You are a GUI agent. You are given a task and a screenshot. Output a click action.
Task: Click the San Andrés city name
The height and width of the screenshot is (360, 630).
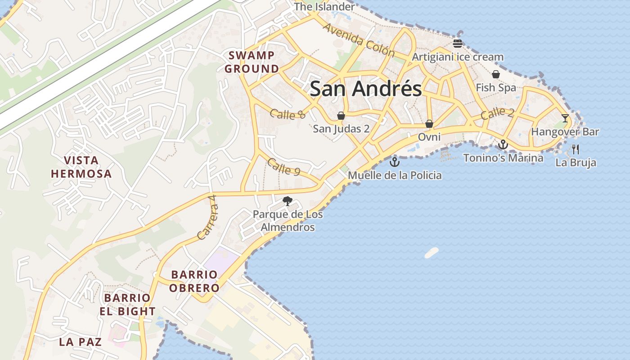366,89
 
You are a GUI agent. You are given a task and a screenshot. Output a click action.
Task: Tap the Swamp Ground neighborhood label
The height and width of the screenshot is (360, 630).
252,62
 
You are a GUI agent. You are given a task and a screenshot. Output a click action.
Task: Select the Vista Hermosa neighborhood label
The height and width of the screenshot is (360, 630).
81,167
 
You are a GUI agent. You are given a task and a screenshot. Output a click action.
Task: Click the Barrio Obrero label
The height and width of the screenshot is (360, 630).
194,281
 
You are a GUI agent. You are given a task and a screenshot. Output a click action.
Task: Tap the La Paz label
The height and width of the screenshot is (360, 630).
80,342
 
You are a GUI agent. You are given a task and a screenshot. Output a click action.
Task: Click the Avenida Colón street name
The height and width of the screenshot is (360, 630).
359,40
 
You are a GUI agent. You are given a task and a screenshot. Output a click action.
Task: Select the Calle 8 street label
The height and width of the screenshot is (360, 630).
288,114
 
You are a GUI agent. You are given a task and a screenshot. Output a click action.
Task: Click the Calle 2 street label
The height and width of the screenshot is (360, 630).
497,113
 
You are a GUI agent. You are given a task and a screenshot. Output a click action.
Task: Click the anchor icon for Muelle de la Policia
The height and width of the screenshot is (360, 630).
395,162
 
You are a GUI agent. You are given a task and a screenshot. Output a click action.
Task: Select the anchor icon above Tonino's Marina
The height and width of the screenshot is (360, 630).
503,144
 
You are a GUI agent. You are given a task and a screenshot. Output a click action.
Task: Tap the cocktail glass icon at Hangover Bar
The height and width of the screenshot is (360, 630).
565,118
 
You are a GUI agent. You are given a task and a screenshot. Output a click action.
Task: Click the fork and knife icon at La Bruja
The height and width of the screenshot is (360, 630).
576,149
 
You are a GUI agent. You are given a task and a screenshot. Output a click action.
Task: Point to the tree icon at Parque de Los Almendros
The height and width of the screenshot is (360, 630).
287,201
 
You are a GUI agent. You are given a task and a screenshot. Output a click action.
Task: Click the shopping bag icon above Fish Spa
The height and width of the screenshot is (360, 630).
496,74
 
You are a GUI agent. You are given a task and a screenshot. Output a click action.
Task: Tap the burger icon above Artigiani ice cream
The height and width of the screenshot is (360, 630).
458,44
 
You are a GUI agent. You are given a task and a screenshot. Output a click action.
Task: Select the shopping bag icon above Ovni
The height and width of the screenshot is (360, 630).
429,123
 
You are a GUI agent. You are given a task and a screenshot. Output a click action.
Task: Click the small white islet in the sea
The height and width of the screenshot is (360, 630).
431,252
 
